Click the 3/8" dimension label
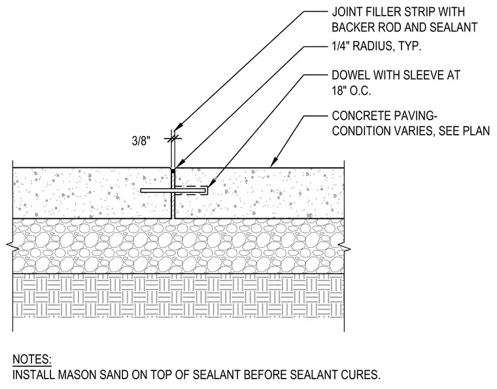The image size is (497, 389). coord(141,141)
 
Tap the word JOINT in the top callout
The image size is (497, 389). coord(347,12)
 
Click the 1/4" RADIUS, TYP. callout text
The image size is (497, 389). coord(377,46)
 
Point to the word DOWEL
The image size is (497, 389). coord(351,75)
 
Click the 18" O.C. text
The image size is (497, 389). coord(351,92)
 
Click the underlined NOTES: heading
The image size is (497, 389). coord(32,360)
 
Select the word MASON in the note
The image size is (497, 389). coord(80,375)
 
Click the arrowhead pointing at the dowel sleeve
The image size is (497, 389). coord(212,184)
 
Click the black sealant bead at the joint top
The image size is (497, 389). coord(173,171)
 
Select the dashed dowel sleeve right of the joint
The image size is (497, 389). coord(191,190)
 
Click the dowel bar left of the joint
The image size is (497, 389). coord(156,190)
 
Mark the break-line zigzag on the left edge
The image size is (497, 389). coord(11,246)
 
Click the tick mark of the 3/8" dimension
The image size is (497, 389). coord(173,139)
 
